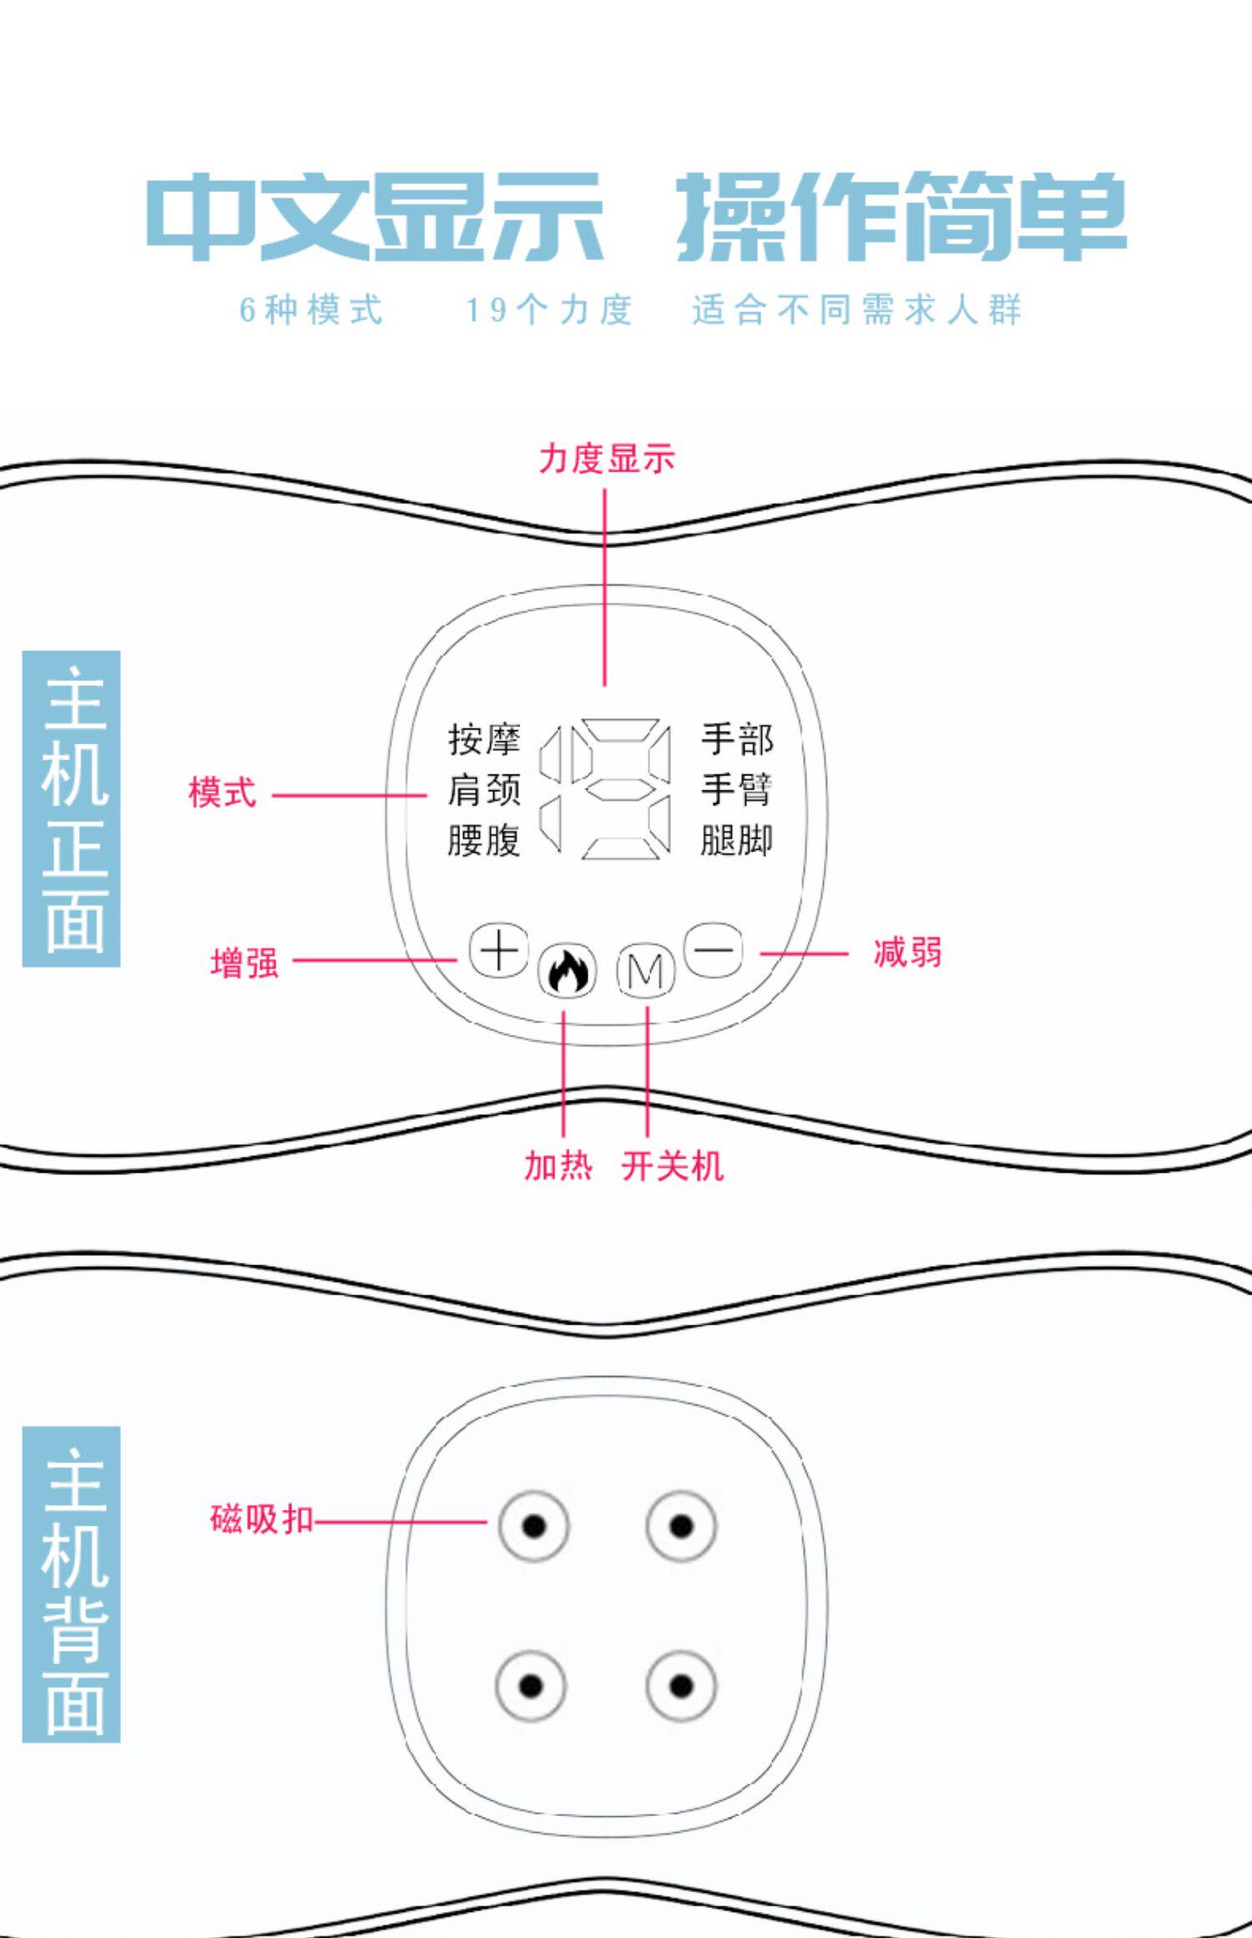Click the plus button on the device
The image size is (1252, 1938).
pyautogui.click(x=498, y=950)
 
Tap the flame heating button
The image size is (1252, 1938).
pyautogui.click(x=568, y=971)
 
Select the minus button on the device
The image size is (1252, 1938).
pyautogui.click(x=714, y=950)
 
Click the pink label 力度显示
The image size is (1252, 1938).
pyautogui.click(x=607, y=459)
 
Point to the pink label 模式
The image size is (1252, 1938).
pyautogui.click(x=222, y=792)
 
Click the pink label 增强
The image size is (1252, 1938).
pyautogui.click(x=245, y=962)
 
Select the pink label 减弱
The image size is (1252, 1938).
pyautogui.click(x=907, y=951)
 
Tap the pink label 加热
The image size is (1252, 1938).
pyautogui.click(x=558, y=1165)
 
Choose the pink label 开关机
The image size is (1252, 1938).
pyautogui.click(x=673, y=1165)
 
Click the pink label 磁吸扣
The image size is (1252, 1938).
pyautogui.click(x=261, y=1519)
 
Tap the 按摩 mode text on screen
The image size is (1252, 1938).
pyautogui.click(x=484, y=739)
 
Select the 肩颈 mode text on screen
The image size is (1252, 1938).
pyautogui.click(x=484, y=790)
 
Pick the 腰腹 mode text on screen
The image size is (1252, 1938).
pyautogui.click(x=484, y=840)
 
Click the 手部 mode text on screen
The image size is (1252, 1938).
pyautogui.click(x=737, y=739)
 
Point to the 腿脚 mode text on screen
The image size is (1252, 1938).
pyautogui.click(x=737, y=840)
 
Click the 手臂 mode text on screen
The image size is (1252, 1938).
pyautogui.click(x=737, y=790)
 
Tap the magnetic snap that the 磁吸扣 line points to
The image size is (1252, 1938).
pyautogui.click(x=533, y=1527)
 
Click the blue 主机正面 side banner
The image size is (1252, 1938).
pyautogui.click(x=72, y=808)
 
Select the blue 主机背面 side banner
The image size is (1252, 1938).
pyautogui.click(x=72, y=1584)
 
